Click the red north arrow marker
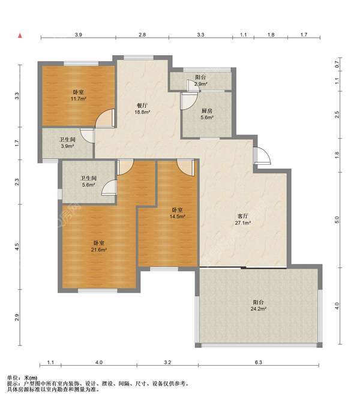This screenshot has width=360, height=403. tap(20, 36)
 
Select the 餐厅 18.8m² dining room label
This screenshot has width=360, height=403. tap(142, 109)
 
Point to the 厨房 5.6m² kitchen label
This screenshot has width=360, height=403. tap(207, 114)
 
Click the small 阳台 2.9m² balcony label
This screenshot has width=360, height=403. tap(200, 80)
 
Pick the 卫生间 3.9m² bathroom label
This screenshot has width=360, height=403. tap(67, 143)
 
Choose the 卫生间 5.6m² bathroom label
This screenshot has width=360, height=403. tap(89, 181)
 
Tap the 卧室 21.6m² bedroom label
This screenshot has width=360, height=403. tap(99, 246)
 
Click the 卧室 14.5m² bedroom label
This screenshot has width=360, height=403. tap(178, 213)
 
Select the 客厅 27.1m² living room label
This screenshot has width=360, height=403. tap(243, 219)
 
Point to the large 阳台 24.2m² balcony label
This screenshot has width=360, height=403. tap(258, 305)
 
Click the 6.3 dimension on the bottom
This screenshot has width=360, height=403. tap(259, 362)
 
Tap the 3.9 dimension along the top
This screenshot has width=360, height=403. tap(79, 35)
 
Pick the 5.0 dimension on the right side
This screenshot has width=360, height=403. tap(337, 220)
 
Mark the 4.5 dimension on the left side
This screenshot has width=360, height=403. tap(17, 246)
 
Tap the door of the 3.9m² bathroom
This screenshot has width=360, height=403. tap(88, 135)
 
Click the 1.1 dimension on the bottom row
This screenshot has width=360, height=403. tap(50, 362)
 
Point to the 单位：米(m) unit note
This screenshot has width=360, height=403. tap(22, 378)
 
